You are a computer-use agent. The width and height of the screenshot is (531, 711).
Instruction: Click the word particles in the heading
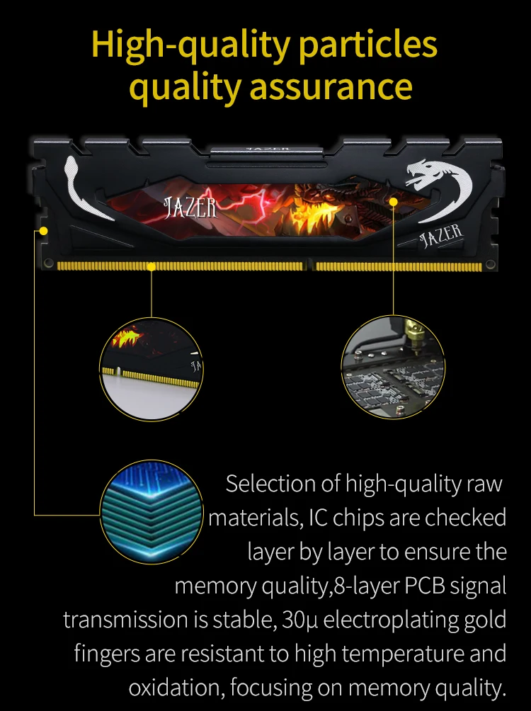pos(369,45)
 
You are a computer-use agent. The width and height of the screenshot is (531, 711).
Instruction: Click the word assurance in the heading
pos(331,86)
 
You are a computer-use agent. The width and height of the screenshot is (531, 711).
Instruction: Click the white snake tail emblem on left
pos(81,186)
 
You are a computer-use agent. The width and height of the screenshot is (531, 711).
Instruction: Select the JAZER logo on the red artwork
pos(190,207)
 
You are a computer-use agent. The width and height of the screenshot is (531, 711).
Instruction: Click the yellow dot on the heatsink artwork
pos(394,202)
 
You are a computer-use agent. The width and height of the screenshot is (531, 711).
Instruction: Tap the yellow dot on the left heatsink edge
pos(43,231)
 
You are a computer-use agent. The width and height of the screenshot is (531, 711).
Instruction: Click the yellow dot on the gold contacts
pos(152,266)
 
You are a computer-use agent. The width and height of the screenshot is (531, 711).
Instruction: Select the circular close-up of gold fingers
pos(151,368)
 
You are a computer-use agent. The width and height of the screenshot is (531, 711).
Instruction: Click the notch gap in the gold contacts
pos(309,266)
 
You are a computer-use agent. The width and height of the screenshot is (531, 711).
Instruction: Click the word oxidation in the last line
pos(181,688)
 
